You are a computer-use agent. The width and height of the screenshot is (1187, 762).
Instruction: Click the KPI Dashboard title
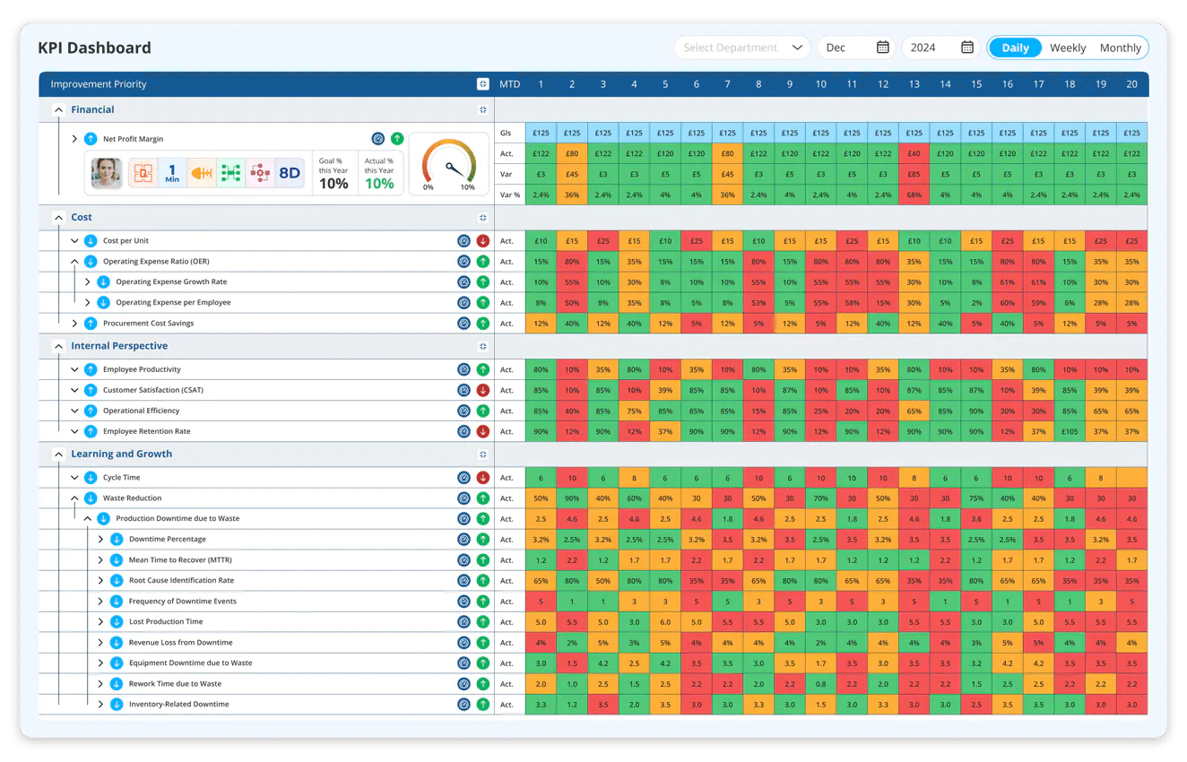click(x=94, y=48)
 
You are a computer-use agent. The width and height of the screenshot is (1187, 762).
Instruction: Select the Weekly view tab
click(x=1067, y=48)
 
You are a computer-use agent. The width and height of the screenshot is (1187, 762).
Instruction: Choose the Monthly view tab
click(x=1120, y=48)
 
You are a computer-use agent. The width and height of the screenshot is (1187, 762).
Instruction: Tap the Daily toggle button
click(x=1015, y=48)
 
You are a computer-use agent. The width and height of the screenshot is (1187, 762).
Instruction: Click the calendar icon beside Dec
click(x=882, y=48)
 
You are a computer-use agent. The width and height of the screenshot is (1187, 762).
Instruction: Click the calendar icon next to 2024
click(x=967, y=48)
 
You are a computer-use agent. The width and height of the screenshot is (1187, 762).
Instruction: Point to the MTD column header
click(x=509, y=84)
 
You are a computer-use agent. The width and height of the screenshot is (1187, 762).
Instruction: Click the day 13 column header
click(x=914, y=84)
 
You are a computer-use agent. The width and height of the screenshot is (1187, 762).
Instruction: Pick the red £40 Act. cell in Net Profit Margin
click(x=914, y=153)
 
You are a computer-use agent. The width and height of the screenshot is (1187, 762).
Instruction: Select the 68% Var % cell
click(x=914, y=195)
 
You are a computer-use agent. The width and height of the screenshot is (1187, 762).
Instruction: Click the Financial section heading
click(x=92, y=109)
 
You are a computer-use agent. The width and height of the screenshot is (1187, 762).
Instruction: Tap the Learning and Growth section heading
click(x=121, y=454)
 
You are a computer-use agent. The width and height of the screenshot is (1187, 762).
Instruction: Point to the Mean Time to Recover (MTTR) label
click(x=179, y=560)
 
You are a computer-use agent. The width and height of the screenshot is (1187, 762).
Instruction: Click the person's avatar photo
click(x=107, y=173)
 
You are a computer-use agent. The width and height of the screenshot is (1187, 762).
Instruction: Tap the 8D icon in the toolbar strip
click(x=289, y=173)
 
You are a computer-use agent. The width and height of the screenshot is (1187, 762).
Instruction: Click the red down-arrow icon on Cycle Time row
click(x=483, y=478)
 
